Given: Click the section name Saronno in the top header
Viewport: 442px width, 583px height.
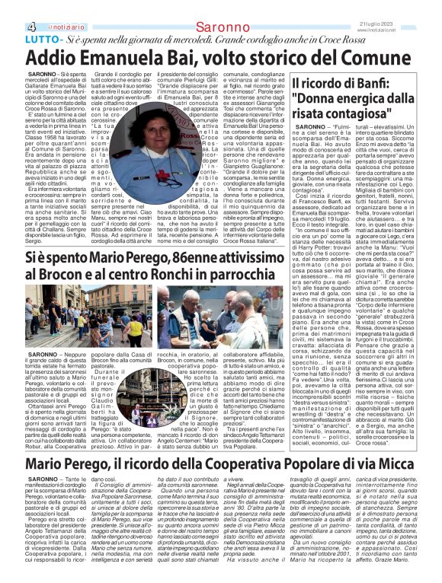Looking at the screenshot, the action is (219, 7).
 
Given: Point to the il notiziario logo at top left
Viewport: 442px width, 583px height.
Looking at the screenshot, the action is (46, 7).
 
